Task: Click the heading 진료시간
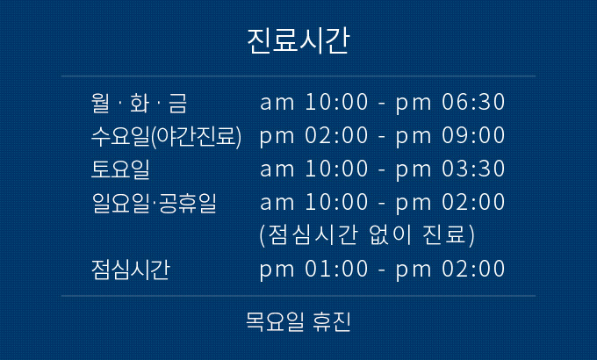click(298, 40)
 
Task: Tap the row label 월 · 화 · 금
click(139, 103)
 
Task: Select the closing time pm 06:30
click(450, 103)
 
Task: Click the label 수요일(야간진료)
click(167, 136)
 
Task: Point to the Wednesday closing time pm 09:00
click(450, 136)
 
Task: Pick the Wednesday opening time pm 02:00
click(313, 136)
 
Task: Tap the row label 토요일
click(120, 169)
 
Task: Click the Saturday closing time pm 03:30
click(450, 169)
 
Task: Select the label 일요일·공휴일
click(155, 203)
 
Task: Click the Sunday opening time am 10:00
click(313, 202)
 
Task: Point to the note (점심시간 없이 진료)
click(367, 235)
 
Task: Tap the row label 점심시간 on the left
click(130, 270)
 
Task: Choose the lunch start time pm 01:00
click(313, 270)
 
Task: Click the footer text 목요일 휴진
click(298, 321)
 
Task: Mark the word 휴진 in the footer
click(331, 321)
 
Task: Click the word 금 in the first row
click(178, 103)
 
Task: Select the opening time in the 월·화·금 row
click(313, 102)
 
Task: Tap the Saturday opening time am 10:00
click(313, 169)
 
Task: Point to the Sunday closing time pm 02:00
click(450, 203)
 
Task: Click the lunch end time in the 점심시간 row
click(450, 270)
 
